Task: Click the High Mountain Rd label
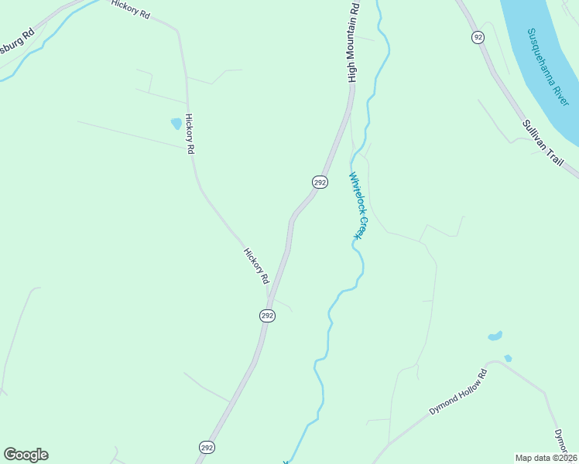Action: click(354, 42)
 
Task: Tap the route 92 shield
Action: click(478, 36)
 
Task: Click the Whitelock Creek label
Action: click(357, 205)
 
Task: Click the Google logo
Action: click(26, 455)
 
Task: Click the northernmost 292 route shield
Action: click(320, 182)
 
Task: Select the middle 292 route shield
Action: click(266, 316)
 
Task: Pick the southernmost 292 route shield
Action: click(206, 447)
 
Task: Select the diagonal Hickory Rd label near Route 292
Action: click(256, 265)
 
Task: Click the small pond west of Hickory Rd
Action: click(176, 123)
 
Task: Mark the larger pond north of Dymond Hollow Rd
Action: click(495, 336)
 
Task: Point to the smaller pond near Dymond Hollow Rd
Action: click(508, 358)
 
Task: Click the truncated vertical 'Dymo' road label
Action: click(563, 442)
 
